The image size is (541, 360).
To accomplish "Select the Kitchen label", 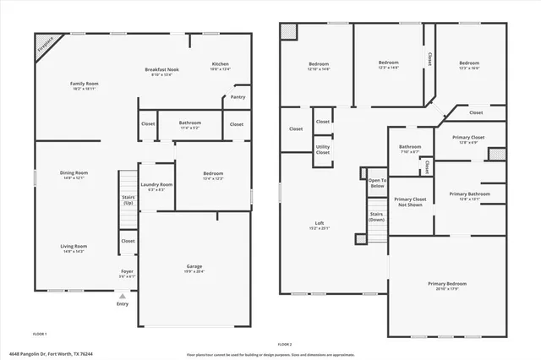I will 220,64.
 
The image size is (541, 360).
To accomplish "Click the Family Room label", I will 85,84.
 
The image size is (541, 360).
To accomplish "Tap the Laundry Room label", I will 156,185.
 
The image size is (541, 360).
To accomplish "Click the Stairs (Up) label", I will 128,200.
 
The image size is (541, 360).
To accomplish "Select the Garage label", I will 194,266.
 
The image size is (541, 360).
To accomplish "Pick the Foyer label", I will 126,272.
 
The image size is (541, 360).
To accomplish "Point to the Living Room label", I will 74,247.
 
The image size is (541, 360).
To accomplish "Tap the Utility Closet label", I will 323,149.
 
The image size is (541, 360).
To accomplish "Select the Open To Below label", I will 377,183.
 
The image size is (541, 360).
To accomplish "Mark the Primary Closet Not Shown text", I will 410,202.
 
